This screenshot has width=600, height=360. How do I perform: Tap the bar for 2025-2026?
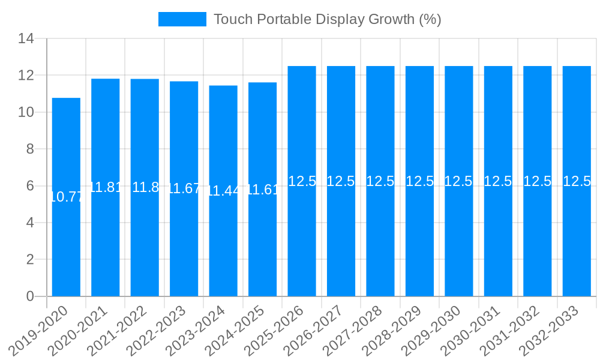pyautogui.click(x=302, y=240)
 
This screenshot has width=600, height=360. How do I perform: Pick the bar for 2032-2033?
pyautogui.click(x=577, y=240)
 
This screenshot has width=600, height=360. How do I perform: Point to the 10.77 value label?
pyautogui.click(x=66, y=197)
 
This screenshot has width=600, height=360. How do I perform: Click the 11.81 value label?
pyautogui.click(x=106, y=187)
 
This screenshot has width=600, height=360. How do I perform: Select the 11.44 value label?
pyautogui.click(x=223, y=191)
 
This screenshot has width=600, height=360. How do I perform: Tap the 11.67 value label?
pyautogui.click(x=184, y=188)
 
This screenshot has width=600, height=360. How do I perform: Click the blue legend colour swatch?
pyautogui.click(x=182, y=19)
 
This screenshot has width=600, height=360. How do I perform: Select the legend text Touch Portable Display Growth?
pyautogui.click(x=327, y=19)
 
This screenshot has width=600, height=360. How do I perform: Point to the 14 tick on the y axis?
pyautogui.click(x=26, y=39)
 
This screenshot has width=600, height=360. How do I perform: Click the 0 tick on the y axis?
pyautogui.click(x=30, y=296)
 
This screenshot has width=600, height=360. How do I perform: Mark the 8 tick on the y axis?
pyautogui.click(x=30, y=149)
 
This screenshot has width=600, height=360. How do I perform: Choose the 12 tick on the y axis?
pyautogui.click(x=26, y=76)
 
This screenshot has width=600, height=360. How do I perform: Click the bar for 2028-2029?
pyautogui.click(x=419, y=240)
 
